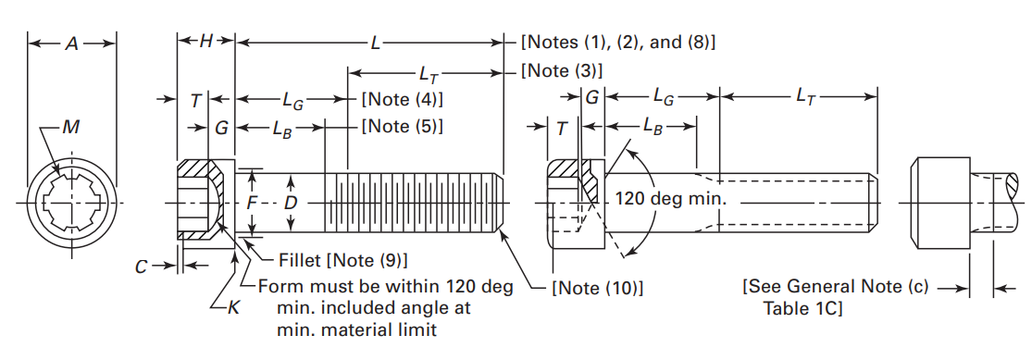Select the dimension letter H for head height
205,41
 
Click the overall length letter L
375,43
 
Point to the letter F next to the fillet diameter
251,201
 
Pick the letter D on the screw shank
291,201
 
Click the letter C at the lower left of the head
141,267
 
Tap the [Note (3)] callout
562,71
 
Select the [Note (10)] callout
597,288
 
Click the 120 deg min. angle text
671,199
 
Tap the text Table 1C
802,308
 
